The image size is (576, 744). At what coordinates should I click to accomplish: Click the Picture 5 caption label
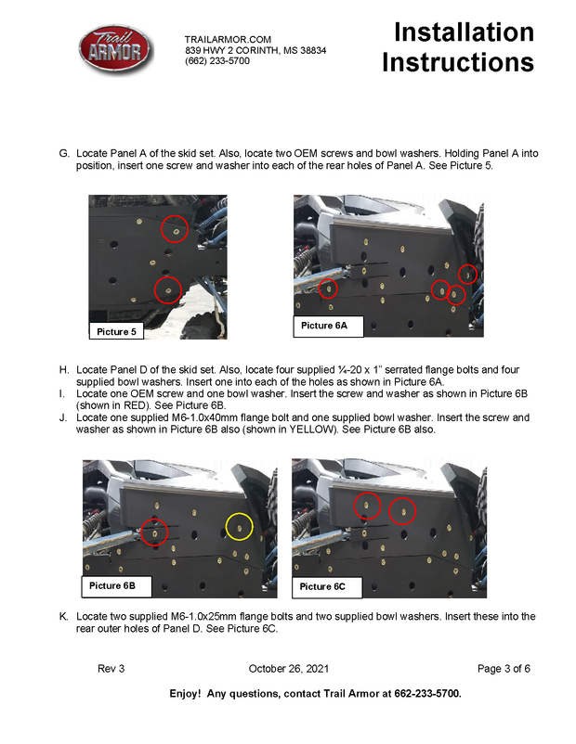click(x=116, y=331)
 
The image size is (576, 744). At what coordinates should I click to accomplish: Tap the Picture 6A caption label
click(x=324, y=325)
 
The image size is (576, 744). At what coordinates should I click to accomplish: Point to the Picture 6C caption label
click(x=322, y=586)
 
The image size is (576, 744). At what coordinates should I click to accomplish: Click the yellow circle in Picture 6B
click(x=240, y=527)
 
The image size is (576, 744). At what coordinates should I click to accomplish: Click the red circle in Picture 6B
click(x=155, y=532)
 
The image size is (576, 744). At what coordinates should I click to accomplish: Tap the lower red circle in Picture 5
click(x=168, y=291)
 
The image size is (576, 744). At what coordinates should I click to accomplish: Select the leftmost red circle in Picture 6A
click(x=328, y=289)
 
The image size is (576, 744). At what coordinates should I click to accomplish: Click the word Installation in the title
click(x=464, y=32)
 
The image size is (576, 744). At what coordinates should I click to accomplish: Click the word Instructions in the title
click(x=458, y=62)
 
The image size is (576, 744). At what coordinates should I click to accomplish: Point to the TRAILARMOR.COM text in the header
click(x=228, y=39)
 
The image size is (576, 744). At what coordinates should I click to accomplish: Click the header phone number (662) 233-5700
click(x=217, y=61)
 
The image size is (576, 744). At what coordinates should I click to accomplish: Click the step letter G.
click(x=64, y=151)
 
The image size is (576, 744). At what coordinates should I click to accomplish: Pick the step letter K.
click(x=63, y=616)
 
